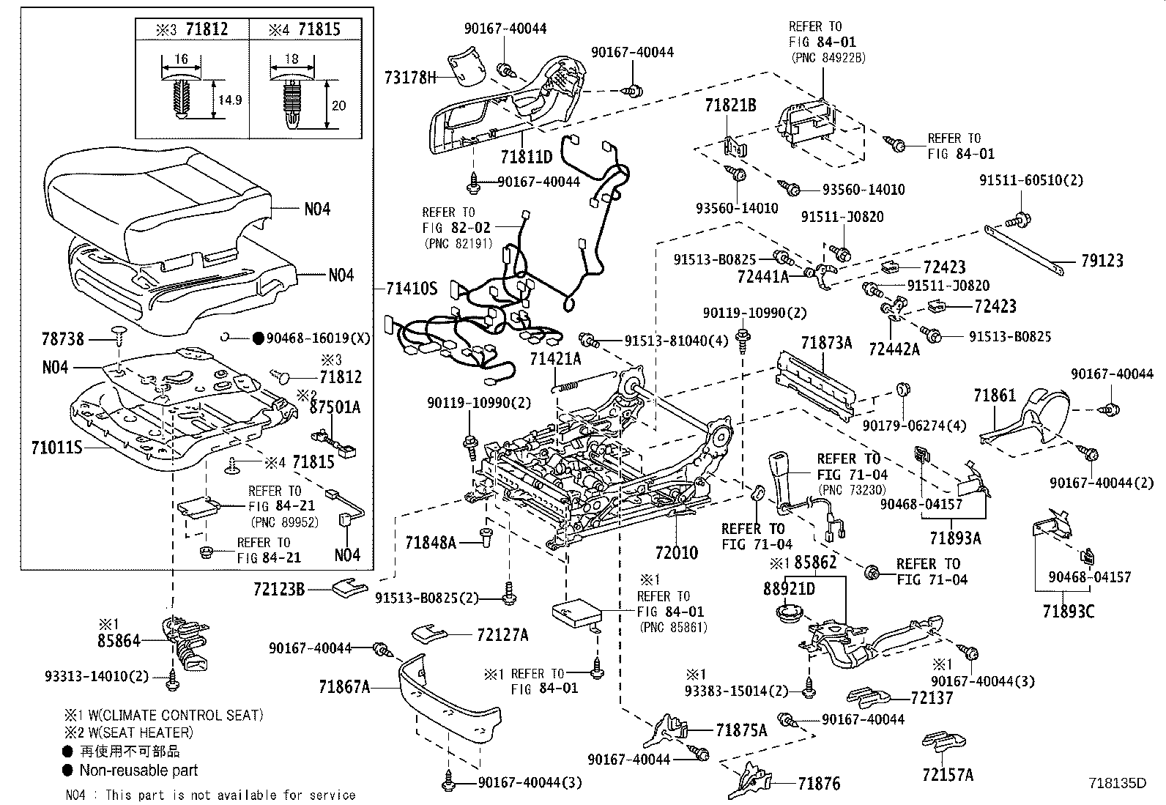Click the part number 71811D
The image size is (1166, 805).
tap(527, 156)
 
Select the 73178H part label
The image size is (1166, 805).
tap(410, 78)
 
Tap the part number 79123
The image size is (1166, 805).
tap(1102, 260)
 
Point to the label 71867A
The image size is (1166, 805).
tap(344, 687)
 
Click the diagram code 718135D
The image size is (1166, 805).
tap(1117, 783)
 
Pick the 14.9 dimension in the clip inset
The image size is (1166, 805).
tap(230, 100)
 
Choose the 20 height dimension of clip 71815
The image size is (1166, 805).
tap(339, 105)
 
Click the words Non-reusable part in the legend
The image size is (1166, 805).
tap(138, 770)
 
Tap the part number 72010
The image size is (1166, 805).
tap(676, 552)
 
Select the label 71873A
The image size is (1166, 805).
tap(826, 343)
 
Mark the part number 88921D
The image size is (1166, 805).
tap(789, 589)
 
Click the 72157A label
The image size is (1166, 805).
tap(948, 775)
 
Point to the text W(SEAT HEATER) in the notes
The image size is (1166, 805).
tap(141, 732)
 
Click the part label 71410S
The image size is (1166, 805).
tap(412, 289)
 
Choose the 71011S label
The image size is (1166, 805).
tap(56, 448)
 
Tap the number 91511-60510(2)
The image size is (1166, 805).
tap(1031, 180)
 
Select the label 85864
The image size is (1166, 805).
tap(119, 640)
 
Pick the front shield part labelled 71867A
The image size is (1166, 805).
tap(450, 695)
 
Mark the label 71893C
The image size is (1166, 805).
tap(1069, 611)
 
